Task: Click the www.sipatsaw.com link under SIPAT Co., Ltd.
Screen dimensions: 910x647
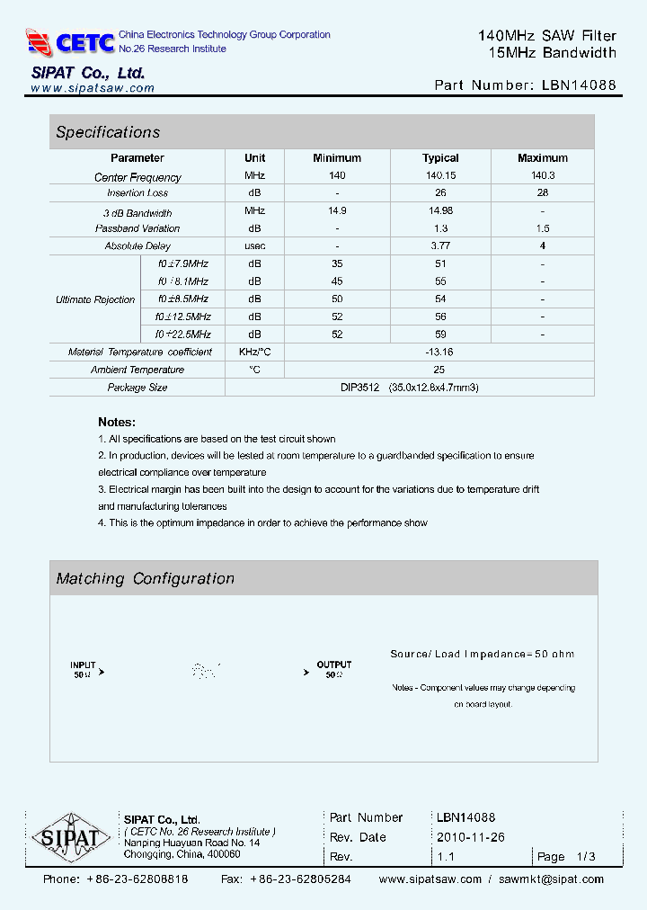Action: coord(93,88)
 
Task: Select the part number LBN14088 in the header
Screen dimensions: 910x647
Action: coord(580,85)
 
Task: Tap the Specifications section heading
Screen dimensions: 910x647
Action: coord(108,132)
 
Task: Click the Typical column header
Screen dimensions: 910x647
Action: coord(440,158)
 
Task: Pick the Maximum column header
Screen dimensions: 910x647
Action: coord(543,158)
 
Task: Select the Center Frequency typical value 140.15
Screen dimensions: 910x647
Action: coord(440,176)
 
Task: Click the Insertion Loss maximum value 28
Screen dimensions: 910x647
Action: coord(543,193)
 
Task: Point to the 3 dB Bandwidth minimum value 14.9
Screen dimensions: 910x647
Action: coord(337,211)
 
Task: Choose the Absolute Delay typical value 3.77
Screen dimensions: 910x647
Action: coord(440,245)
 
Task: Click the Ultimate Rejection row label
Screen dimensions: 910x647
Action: coord(95,299)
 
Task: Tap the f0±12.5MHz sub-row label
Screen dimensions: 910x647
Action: coord(182,317)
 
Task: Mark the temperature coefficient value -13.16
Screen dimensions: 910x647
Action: coord(439,352)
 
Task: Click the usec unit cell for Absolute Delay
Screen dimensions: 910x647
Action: coord(255,245)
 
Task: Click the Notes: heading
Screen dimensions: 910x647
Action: coord(117,422)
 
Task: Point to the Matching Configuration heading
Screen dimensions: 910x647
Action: coord(145,579)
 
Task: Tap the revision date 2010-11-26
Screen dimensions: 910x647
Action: coord(471,837)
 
